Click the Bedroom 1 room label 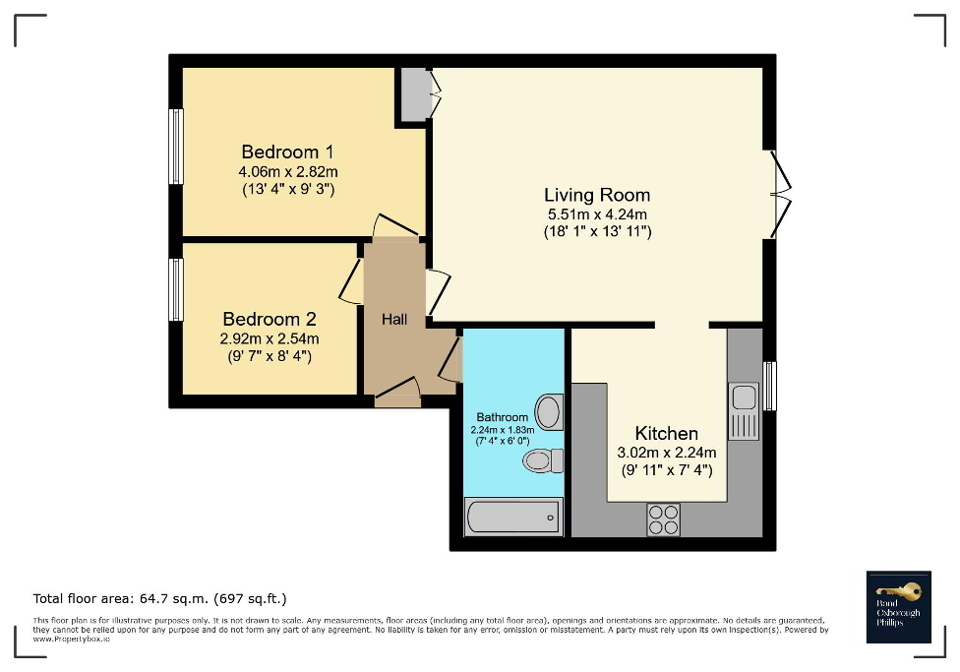(x=287, y=152)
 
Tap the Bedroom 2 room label (x=269, y=319)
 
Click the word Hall (x=394, y=319)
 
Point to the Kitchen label (x=666, y=433)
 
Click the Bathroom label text (x=502, y=417)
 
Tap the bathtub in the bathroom (x=512, y=516)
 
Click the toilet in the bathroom (x=542, y=460)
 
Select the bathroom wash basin (x=550, y=411)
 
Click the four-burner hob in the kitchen (x=663, y=519)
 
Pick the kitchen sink (x=743, y=398)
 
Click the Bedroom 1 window (x=176, y=147)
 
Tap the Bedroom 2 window (x=176, y=289)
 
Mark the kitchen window (x=770, y=386)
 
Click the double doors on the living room (x=780, y=195)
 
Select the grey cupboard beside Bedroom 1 (x=413, y=94)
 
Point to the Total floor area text (x=159, y=598)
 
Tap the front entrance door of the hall (x=397, y=394)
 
